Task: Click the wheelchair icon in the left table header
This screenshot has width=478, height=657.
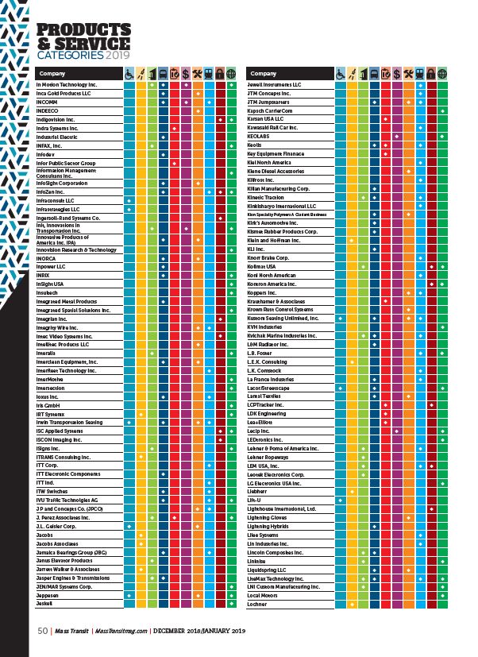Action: pos(129,74)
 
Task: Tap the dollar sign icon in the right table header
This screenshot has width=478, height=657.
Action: pos(395,74)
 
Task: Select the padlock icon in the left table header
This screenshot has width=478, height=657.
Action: pos(220,74)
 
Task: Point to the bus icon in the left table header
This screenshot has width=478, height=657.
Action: pos(163,74)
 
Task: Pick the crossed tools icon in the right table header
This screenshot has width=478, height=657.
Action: pos(407,74)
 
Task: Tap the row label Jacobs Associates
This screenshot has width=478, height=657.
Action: pos(56,543)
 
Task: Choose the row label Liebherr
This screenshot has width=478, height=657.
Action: pos(259,492)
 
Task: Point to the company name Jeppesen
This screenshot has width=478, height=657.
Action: pos(49,595)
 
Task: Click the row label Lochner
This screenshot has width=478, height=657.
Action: pos(258,604)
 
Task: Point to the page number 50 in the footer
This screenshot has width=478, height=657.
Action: pos(44,632)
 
